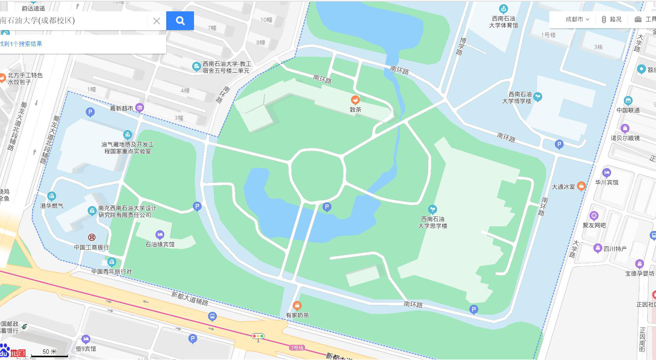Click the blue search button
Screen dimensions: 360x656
click(180, 21)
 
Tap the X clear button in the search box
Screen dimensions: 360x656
click(156, 21)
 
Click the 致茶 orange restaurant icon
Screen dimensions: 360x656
click(355, 100)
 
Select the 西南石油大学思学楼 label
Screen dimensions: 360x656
click(433, 222)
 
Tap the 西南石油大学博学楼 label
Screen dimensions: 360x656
click(517, 98)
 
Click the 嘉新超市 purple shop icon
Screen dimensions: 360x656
click(140, 107)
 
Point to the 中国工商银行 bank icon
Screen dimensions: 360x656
click(92, 237)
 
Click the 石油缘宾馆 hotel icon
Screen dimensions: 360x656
click(160, 235)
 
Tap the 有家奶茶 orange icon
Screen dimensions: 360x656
click(297, 305)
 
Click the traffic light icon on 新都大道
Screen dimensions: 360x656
click(258, 336)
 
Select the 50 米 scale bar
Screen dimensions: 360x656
click(50, 353)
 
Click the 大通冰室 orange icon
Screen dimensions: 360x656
click(581, 186)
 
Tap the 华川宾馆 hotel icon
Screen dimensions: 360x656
click(606, 173)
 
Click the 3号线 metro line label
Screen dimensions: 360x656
click(297, 347)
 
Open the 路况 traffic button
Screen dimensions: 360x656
click(611, 19)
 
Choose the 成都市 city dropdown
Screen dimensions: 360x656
click(577, 19)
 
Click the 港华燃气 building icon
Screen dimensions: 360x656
click(52, 196)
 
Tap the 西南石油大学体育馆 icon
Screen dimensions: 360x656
click(503, 9)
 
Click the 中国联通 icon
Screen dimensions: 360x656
click(628, 101)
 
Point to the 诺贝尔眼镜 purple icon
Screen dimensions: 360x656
click(625, 128)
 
